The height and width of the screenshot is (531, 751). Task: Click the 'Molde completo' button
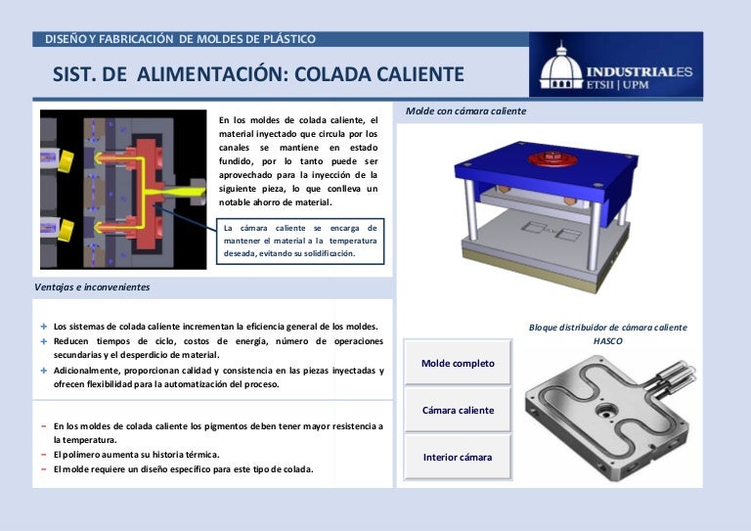pyautogui.click(x=458, y=363)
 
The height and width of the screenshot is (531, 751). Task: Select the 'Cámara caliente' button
pyautogui.click(x=458, y=410)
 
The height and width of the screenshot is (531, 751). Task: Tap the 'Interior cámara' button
pyautogui.click(x=458, y=457)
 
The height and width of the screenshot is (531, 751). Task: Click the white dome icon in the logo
pyautogui.click(x=561, y=67)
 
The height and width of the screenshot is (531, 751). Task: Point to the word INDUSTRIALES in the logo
pyautogui.click(x=640, y=71)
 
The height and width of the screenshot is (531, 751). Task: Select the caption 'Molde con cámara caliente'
pyautogui.click(x=465, y=111)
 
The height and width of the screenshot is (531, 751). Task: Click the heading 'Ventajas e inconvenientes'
pyautogui.click(x=92, y=288)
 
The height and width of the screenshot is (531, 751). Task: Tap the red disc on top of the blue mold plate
pyautogui.click(x=552, y=158)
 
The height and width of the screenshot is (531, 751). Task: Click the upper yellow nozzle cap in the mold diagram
pyautogui.click(x=66, y=161)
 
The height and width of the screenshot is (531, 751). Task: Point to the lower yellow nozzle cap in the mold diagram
pyautogui.click(x=66, y=231)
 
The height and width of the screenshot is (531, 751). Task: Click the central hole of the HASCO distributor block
pyautogui.click(x=606, y=411)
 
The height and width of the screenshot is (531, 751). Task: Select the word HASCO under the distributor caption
pyautogui.click(x=608, y=341)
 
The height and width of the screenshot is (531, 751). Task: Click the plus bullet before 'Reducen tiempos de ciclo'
pyautogui.click(x=44, y=341)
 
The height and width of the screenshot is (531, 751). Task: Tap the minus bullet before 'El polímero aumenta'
pyautogui.click(x=44, y=455)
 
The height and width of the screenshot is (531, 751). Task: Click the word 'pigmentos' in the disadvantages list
pyautogui.click(x=226, y=426)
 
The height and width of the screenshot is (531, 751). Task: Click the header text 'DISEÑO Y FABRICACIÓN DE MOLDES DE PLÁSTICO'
pyautogui.click(x=180, y=39)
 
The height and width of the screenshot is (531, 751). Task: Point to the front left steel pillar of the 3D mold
pyautogui.click(x=469, y=209)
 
